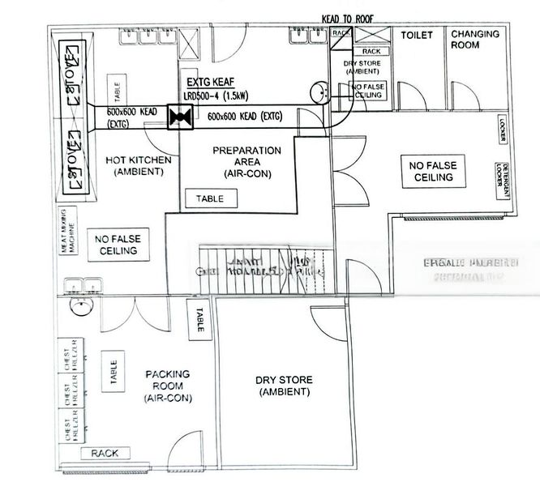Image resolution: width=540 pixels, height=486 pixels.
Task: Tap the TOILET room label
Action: [417, 35]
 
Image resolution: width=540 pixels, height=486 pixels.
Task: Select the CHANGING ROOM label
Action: [475, 40]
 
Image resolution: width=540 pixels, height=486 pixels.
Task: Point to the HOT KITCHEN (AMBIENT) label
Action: [138, 166]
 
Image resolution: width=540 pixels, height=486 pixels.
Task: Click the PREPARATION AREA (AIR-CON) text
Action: [246, 162]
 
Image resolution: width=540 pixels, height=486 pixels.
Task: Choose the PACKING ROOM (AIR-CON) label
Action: [167, 386]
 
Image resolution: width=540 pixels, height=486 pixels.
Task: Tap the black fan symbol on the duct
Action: [178, 117]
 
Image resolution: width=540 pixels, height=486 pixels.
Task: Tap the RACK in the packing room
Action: [105, 453]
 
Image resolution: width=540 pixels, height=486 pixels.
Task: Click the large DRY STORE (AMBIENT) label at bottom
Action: [284, 386]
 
